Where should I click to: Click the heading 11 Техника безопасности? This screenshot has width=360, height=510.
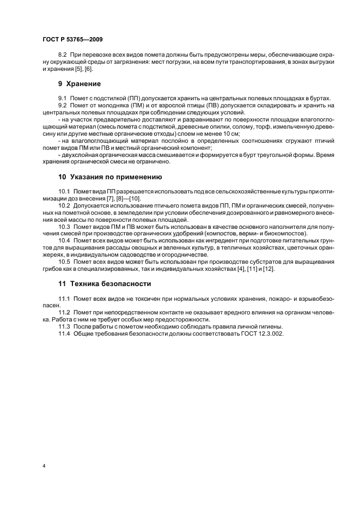[105, 284]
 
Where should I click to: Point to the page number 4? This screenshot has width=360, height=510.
[43, 466]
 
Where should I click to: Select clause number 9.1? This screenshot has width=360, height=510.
[63, 98]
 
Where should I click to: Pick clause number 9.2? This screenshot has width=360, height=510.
[63, 105]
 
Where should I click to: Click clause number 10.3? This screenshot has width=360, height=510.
[65, 225]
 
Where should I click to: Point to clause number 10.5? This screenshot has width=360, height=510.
[65, 262]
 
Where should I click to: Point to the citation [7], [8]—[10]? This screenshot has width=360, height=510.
[111, 199]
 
